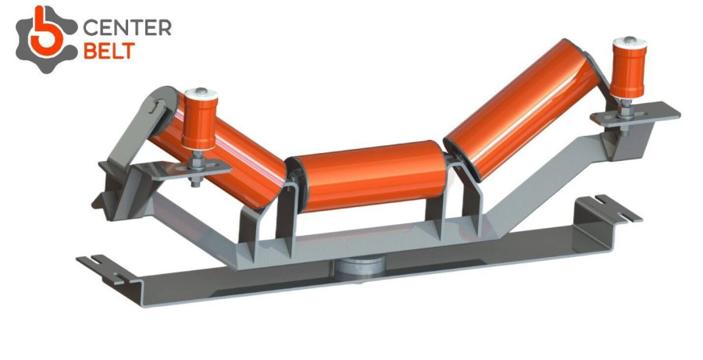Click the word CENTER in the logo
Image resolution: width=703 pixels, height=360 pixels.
click(127, 28)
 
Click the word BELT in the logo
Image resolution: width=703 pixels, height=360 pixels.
click(109, 51)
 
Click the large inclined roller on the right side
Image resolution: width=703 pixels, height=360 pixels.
click(520, 110)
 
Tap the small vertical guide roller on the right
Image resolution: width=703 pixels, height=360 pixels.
click(629, 67)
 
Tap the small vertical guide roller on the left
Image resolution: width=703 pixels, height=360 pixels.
click(199, 119)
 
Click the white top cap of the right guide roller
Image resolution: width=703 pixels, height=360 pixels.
click(630, 44)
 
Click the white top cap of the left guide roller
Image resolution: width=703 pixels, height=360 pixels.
click(201, 95)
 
